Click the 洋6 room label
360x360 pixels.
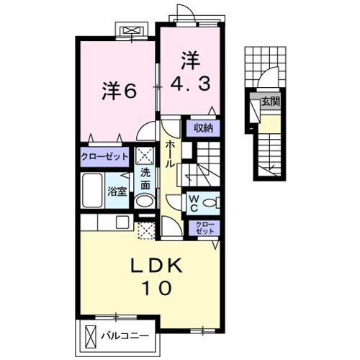click(x=119, y=91)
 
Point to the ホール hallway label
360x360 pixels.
click(x=171, y=153)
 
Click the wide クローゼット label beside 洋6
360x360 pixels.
click(x=105, y=156)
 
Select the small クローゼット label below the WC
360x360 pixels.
click(x=202, y=230)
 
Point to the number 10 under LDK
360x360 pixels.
click(x=160, y=289)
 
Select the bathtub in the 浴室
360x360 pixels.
click(x=94, y=190)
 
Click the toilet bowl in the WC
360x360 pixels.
click(x=210, y=202)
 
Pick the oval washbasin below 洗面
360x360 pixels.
click(x=144, y=201)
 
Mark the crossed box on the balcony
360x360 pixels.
click(x=90, y=336)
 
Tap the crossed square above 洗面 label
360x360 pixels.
click(x=144, y=156)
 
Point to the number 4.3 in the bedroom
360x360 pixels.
click(x=191, y=84)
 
